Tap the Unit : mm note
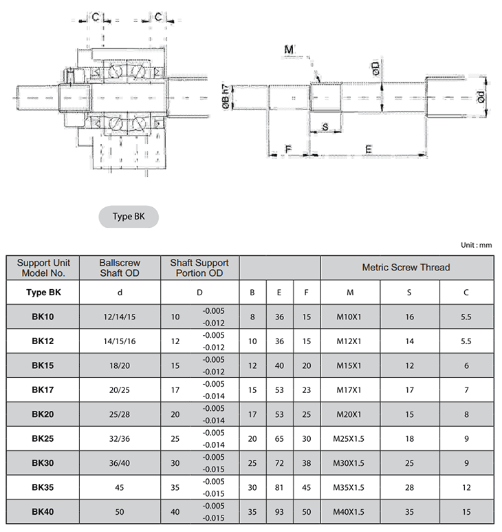pos(476,245)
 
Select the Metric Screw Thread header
pos(406,267)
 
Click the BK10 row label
pos(43,317)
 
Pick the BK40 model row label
pos(43,512)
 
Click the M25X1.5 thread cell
pos(350,439)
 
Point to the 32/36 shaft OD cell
pos(120,439)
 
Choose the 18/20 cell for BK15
pos(120,366)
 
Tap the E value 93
pos(279,512)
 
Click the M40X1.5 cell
pos(350,512)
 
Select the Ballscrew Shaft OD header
pos(120,267)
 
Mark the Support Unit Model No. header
pos(43,267)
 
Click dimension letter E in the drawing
pos(369,149)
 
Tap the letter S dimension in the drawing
pos(325,127)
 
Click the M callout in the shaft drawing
pos(289,50)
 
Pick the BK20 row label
pos(43,415)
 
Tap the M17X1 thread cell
pos(350,390)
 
